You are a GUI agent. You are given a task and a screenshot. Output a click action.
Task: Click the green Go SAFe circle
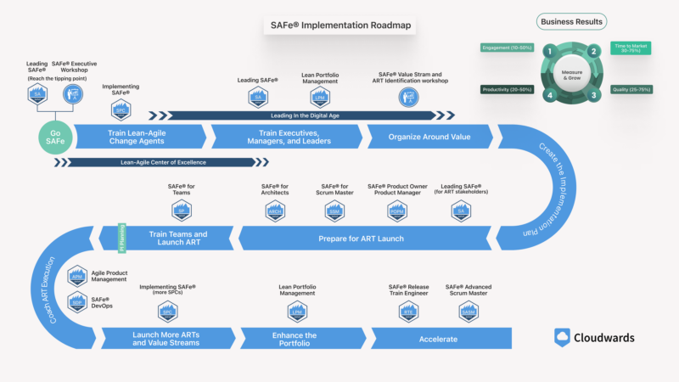[56, 137]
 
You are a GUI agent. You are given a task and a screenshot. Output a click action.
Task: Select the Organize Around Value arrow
[429, 137]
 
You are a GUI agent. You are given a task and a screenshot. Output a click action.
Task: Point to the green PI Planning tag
[121, 238]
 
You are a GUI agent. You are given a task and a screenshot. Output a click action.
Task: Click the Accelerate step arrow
[444, 339]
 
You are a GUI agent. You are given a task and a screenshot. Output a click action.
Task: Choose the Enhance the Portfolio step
[295, 339]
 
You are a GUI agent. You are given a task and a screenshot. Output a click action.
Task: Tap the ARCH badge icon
[275, 211]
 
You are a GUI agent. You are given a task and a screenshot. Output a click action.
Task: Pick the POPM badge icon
[396, 211]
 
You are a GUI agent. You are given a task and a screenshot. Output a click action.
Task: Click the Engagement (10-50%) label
[508, 48]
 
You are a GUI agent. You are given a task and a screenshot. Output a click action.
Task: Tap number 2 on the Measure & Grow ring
[594, 51]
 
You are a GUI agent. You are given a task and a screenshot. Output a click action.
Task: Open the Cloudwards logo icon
[562, 337]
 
